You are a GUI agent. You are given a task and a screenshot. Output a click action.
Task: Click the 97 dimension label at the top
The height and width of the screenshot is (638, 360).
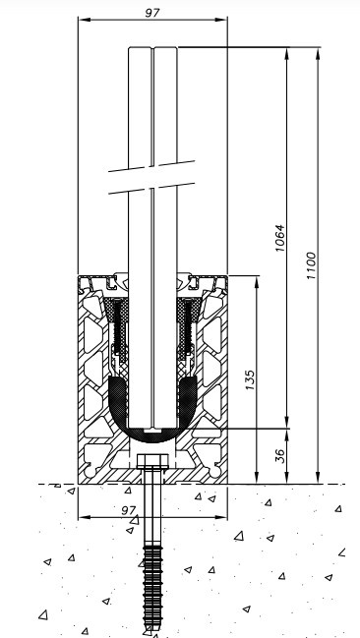(152, 12)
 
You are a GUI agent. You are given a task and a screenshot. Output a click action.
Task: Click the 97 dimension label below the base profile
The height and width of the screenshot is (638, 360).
(129, 510)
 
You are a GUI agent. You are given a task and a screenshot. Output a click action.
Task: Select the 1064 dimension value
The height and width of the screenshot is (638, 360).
(279, 238)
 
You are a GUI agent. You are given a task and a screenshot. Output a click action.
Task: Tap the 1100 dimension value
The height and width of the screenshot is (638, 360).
(311, 265)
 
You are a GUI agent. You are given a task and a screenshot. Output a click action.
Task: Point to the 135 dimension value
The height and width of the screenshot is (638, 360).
(250, 379)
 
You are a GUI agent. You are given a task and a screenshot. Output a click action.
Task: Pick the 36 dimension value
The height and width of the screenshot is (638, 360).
(280, 457)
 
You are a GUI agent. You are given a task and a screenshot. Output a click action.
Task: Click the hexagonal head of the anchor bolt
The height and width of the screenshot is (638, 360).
(152, 461)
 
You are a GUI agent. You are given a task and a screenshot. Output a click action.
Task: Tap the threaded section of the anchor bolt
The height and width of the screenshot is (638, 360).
(152, 586)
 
